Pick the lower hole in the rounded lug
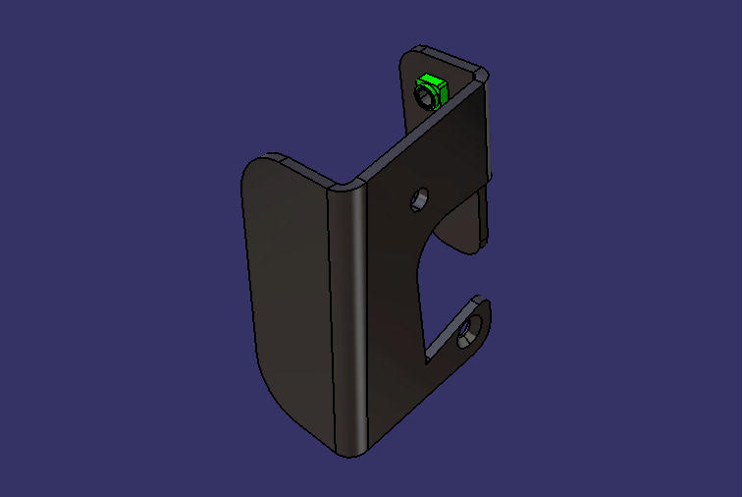(x=469, y=330)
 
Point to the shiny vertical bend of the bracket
(x=351, y=314)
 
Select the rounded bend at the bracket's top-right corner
(x=479, y=75)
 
